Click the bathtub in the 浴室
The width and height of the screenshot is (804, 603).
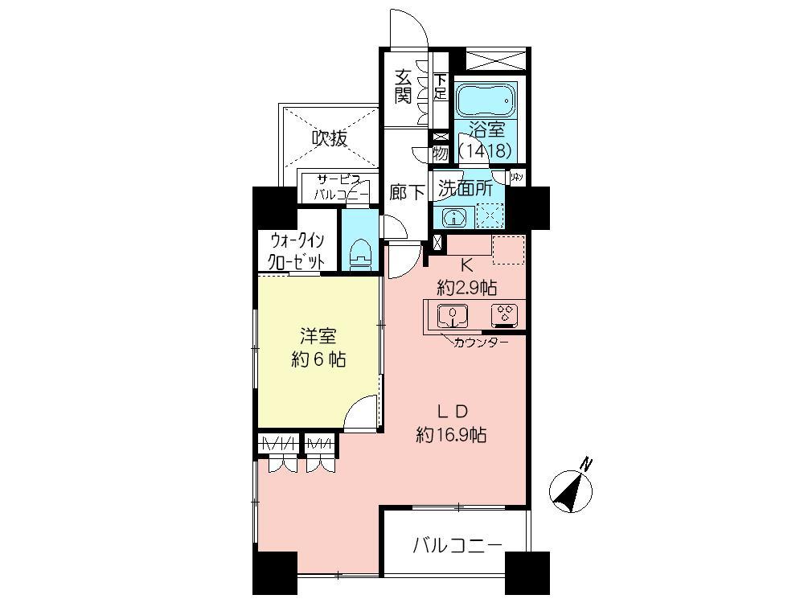486,100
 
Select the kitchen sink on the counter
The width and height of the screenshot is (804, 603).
453,315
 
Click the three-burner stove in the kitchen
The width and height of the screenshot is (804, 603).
505,314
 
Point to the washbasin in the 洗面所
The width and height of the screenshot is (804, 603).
454,217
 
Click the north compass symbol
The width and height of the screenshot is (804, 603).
572,487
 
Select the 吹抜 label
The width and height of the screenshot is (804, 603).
330,138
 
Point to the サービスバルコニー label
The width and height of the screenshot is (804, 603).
341,188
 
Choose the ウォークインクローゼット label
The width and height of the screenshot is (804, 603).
297,251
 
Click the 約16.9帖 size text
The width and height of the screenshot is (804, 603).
452,435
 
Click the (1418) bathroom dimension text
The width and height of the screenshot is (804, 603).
486,150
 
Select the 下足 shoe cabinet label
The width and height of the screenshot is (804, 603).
440,86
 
